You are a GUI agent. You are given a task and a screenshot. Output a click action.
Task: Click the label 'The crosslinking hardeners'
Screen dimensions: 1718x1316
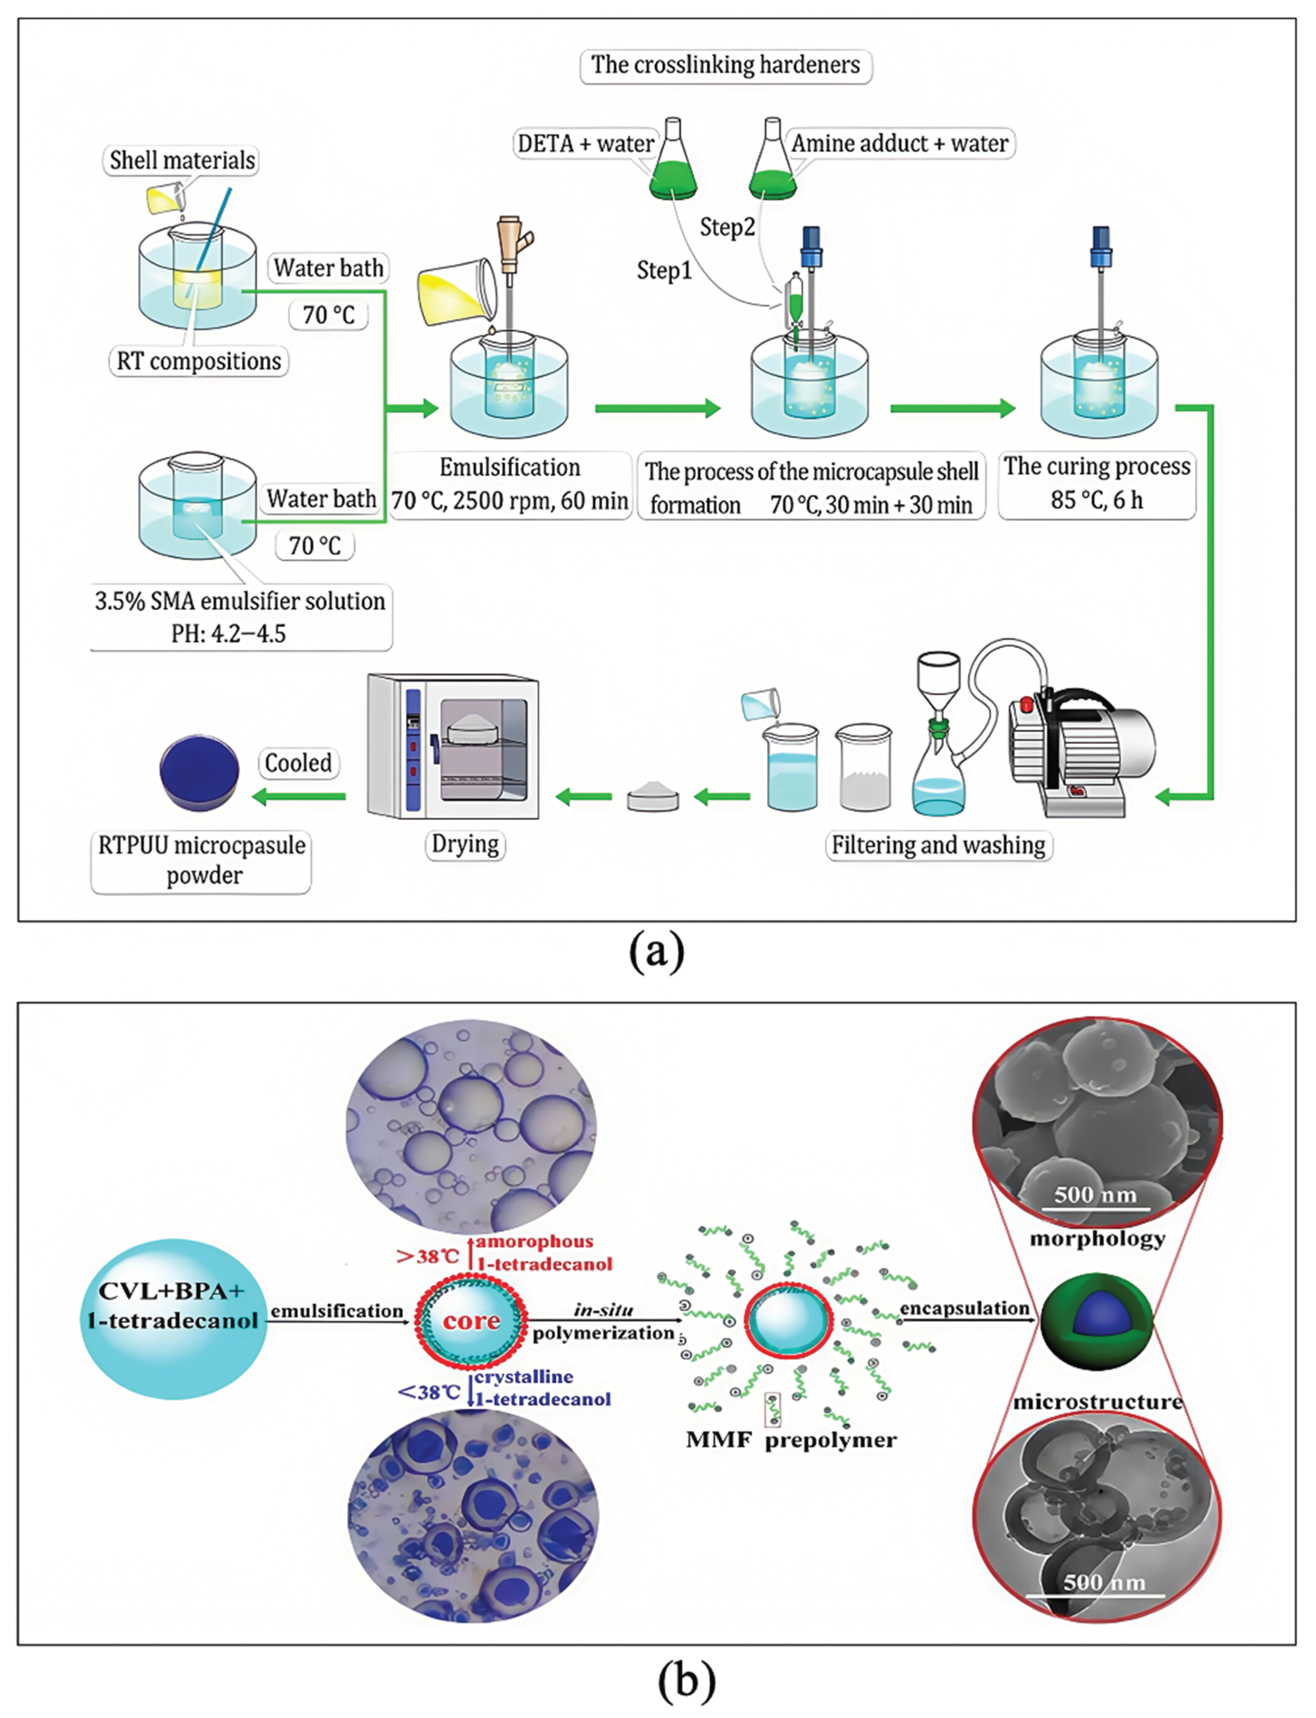point(725,65)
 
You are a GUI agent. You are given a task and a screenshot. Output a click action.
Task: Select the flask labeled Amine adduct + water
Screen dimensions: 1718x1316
point(772,161)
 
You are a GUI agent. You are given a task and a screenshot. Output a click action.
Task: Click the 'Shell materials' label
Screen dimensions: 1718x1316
point(182,161)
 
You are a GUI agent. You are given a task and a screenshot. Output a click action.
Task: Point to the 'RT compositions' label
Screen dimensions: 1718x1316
point(198,362)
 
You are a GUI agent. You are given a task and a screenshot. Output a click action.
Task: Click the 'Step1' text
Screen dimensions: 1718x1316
point(664,271)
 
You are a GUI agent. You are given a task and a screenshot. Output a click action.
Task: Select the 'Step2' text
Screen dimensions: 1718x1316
point(727,228)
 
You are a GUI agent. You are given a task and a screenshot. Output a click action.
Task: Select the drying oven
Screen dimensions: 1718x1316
point(453,746)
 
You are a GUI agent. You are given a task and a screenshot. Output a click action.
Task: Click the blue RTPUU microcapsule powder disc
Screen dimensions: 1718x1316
point(199,772)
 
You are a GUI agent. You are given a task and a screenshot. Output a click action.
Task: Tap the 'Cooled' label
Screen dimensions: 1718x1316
point(298,763)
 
